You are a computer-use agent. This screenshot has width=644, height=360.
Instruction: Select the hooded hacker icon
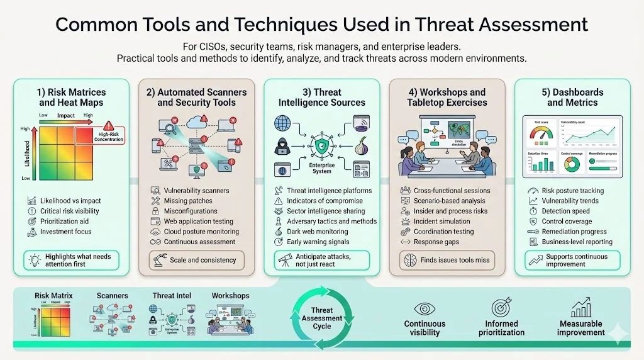[282, 147]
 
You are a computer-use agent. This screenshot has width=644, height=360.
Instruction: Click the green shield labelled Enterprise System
[321, 146]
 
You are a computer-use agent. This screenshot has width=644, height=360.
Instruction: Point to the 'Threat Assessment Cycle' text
[321, 318]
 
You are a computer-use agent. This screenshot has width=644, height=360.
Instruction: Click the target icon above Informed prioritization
[501, 308]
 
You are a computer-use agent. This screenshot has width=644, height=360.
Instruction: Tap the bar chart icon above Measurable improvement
[580, 308]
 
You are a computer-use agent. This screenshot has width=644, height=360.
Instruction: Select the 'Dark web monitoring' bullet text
[318, 232]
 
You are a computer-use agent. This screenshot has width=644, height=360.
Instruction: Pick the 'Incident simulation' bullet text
[441, 222]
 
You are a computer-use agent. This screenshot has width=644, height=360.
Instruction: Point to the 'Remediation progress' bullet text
[573, 232]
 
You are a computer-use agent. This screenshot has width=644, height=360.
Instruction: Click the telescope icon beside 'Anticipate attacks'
[284, 260]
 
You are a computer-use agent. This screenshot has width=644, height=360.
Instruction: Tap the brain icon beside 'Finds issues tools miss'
[409, 260]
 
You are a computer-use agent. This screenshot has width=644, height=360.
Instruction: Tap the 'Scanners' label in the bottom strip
[113, 295]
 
